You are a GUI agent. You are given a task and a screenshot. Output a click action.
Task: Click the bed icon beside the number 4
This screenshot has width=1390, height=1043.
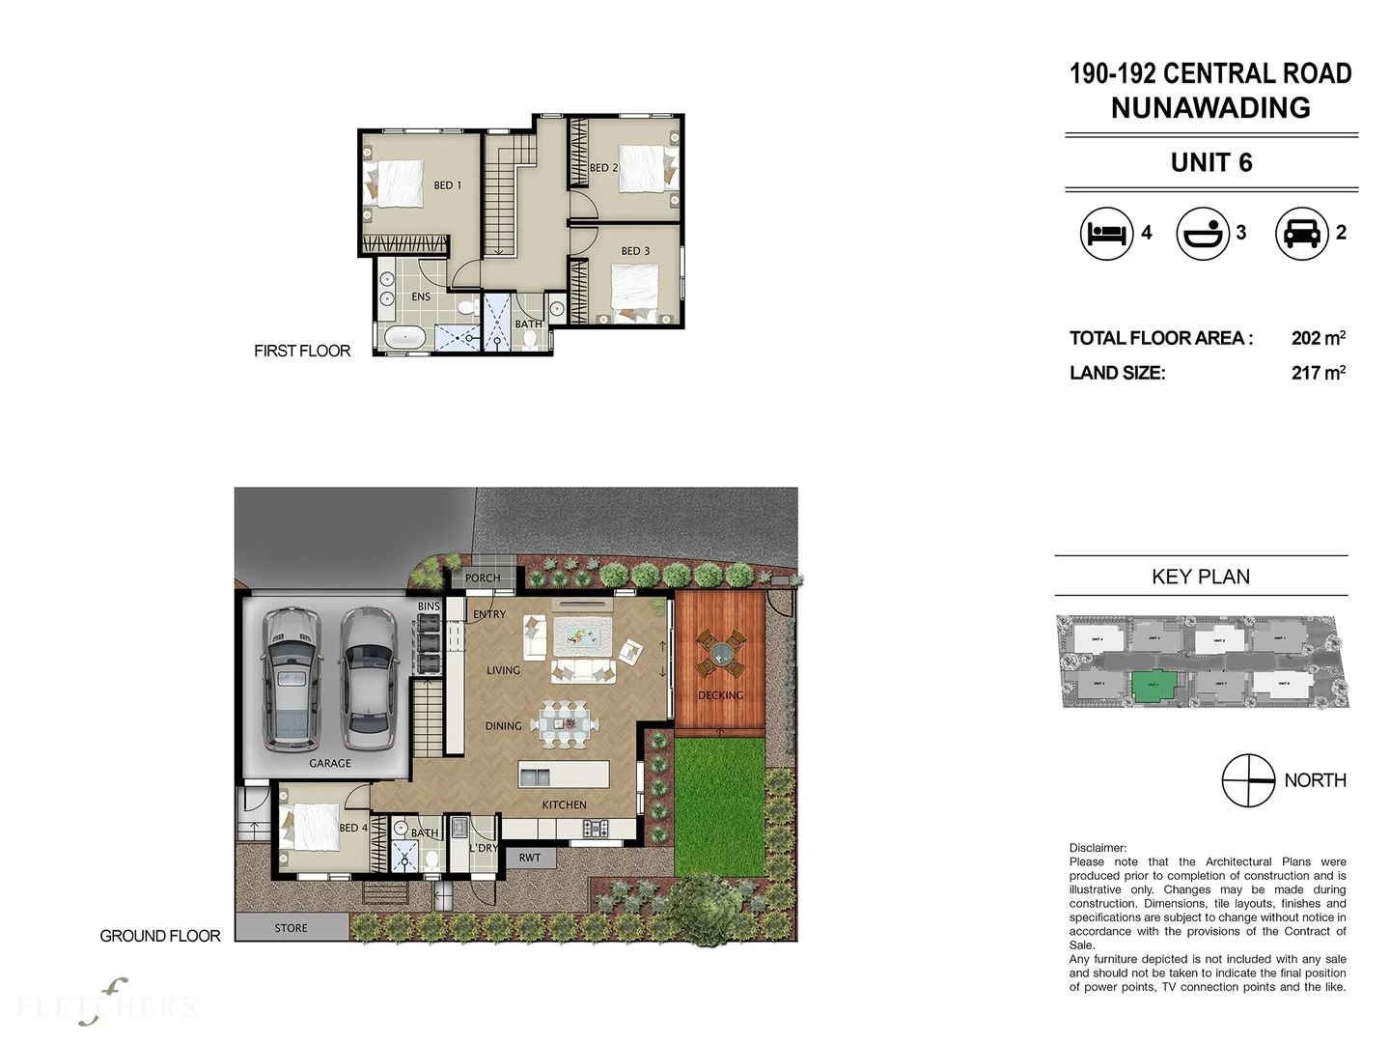pyautogui.click(x=1106, y=233)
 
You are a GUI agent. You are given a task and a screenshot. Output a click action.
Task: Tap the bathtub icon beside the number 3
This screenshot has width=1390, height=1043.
pyautogui.click(x=1203, y=233)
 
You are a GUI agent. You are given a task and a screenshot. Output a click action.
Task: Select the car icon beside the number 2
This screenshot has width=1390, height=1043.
pyautogui.click(x=1302, y=233)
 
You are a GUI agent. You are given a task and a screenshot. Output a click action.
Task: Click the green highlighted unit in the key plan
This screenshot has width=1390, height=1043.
pyautogui.click(x=1154, y=686)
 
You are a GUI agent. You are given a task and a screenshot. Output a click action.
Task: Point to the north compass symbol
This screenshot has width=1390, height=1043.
pyautogui.click(x=1248, y=780)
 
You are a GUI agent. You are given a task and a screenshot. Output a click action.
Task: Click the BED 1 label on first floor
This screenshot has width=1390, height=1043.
pyautogui.click(x=447, y=185)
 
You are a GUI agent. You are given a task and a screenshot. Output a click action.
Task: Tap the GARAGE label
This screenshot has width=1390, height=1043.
pyautogui.click(x=330, y=763)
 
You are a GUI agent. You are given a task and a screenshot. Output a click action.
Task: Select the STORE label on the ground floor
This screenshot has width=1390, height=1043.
pyautogui.click(x=291, y=928)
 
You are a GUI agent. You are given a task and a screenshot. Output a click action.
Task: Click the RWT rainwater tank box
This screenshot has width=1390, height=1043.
pyautogui.click(x=530, y=858)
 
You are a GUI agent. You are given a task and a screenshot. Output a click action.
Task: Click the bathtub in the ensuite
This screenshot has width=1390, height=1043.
pyautogui.click(x=403, y=338)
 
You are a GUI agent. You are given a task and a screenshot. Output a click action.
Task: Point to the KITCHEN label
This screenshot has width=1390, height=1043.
pyautogui.click(x=564, y=804)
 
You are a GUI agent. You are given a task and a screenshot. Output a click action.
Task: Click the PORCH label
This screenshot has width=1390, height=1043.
pyautogui.click(x=483, y=578)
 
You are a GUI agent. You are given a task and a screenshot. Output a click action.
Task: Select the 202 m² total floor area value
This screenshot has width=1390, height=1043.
pyautogui.click(x=1318, y=338)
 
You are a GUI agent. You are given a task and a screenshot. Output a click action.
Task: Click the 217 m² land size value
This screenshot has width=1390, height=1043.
pyautogui.click(x=1318, y=373)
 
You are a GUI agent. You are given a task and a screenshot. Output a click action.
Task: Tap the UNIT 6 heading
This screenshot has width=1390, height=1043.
pyautogui.click(x=1211, y=162)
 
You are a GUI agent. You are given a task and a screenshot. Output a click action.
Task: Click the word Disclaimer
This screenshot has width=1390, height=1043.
pyautogui.click(x=1098, y=848)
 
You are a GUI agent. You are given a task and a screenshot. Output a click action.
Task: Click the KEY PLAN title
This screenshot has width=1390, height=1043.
pyautogui.click(x=1201, y=577)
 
